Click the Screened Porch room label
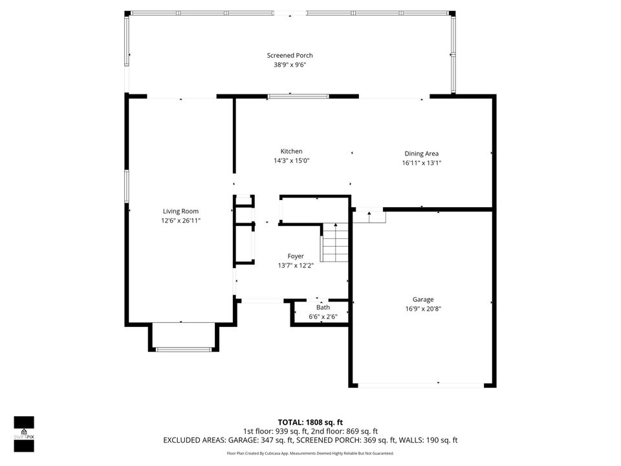tap(290, 56)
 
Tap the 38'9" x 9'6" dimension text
tap(290, 65)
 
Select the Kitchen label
tap(291, 151)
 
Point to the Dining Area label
tap(421, 154)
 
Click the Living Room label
tap(180, 212)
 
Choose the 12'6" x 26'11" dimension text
tap(180, 221)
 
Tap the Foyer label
tap(296, 256)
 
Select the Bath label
tap(323, 307)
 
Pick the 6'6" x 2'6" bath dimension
tap(323, 316)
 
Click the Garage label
tap(423, 300)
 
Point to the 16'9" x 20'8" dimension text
tap(423, 309)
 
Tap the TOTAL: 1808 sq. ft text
tap(310, 422)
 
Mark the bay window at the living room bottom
tap(184, 349)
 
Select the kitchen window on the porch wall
tap(298, 96)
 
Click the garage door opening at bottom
tap(421, 385)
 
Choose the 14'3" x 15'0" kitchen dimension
tap(291, 161)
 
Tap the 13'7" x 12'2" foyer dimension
tap(296, 265)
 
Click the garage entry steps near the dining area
tap(369, 216)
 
